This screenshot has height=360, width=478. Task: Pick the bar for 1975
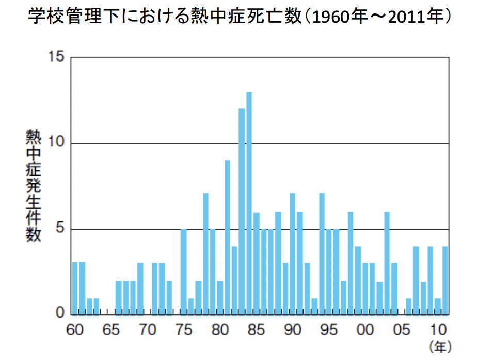pyautogui.click(x=183, y=272)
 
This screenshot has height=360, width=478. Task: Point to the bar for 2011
pyautogui.click(x=445, y=280)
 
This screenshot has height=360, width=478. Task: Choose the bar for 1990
pyautogui.click(x=292, y=254)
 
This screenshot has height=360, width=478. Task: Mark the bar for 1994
pyautogui.click(x=322, y=254)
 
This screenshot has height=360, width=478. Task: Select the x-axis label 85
pyautogui.click(x=257, y=329)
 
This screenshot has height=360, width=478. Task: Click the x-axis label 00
pyautogui.click(x=365, y=329)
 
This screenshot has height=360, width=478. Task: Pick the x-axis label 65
pyautogui.click(x=111, y=329)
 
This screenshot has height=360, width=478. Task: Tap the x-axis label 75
pyautogui.click(x=184, y=329)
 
